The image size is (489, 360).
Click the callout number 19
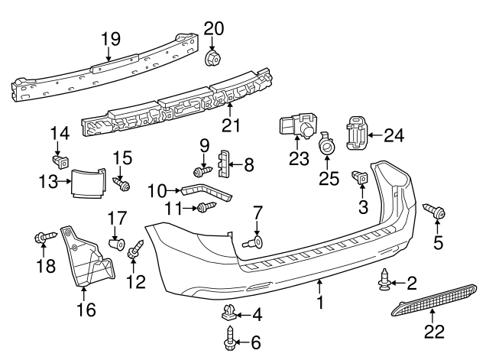click(x=111, y=37)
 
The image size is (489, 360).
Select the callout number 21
click(x=231, y=125)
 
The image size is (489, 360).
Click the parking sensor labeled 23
click(x=297, y=127)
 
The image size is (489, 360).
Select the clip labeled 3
click(x=361, y=179)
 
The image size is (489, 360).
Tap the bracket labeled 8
click(x=224, y=163)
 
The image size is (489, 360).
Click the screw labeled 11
click(x=203, y=207)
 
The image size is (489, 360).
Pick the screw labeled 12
click(x=136, y=249)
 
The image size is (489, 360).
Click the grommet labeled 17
click(x=115, y=245)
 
